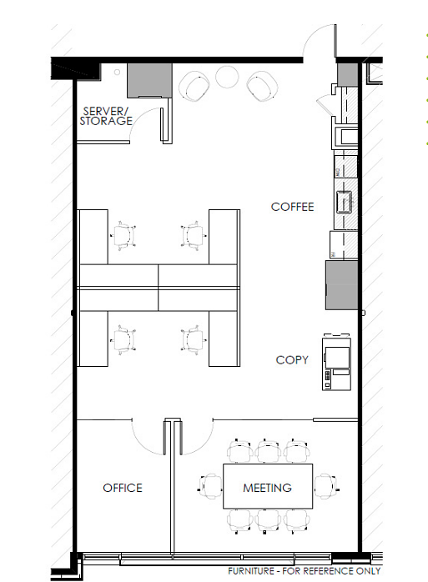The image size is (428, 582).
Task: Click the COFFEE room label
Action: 292,207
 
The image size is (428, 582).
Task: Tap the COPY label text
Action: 292,359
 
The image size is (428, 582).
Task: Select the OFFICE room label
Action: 123,488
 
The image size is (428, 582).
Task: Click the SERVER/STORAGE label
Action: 106,116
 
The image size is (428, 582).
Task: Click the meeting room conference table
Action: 268,486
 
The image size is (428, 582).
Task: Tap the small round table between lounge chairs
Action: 227,77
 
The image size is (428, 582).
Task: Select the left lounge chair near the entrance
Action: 194,87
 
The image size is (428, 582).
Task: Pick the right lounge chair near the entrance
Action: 262,87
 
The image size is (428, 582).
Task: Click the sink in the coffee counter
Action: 344,202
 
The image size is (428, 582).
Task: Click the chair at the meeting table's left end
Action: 210,486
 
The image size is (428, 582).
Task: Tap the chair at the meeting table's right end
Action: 326,486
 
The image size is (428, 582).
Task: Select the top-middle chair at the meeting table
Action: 269,451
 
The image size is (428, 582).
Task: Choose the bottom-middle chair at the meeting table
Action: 269,521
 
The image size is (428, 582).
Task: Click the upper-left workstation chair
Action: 123,236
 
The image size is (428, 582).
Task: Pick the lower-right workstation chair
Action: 193,339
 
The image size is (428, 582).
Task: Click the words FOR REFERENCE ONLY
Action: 331,571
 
